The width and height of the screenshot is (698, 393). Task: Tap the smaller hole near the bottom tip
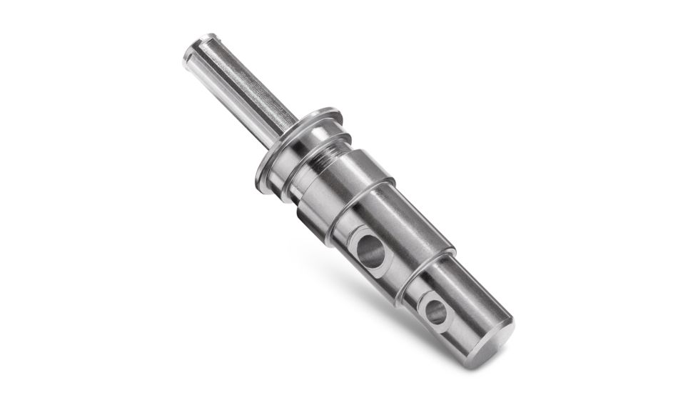coord(435,311)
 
